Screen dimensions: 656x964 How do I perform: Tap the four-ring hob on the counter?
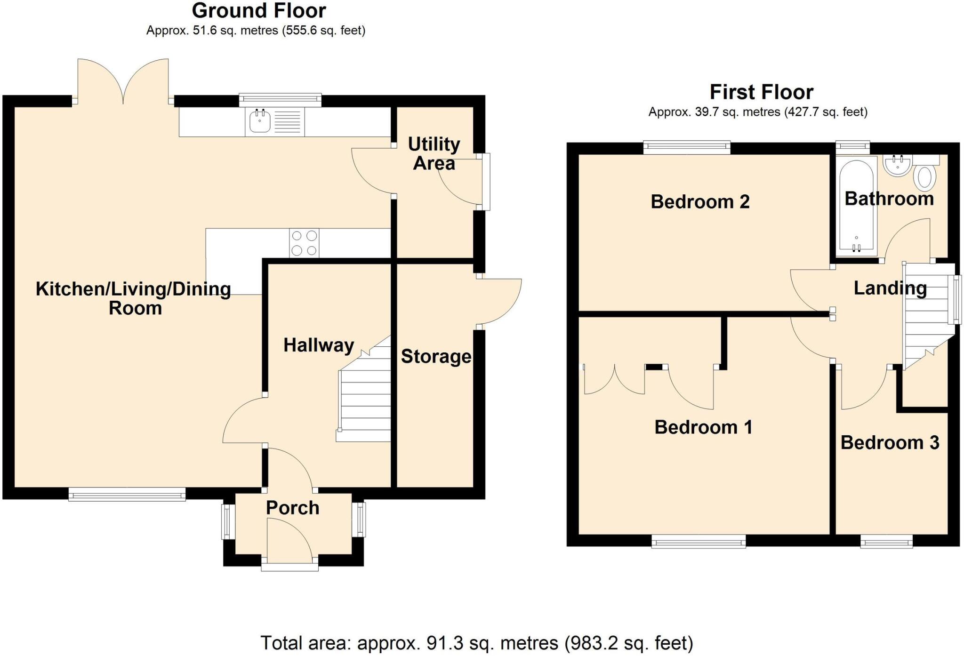click(304, 243)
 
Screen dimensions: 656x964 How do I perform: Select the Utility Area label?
click(434, 153)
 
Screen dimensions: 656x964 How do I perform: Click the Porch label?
click(292, 508)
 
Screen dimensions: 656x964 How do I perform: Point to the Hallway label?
click(319, 345)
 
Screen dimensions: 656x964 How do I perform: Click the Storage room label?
click(436, 356)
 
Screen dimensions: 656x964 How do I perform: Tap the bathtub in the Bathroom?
click(856, 207)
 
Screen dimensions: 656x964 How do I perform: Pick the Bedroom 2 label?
click(700, 202)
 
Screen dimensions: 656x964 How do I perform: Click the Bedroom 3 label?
click(890, 443)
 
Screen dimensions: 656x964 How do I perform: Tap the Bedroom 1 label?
click(703, 427)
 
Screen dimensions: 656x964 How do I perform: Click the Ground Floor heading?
click(259, 10)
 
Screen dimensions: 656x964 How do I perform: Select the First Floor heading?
click(761, 92)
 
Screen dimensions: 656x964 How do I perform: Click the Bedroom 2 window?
click(687, 148)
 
